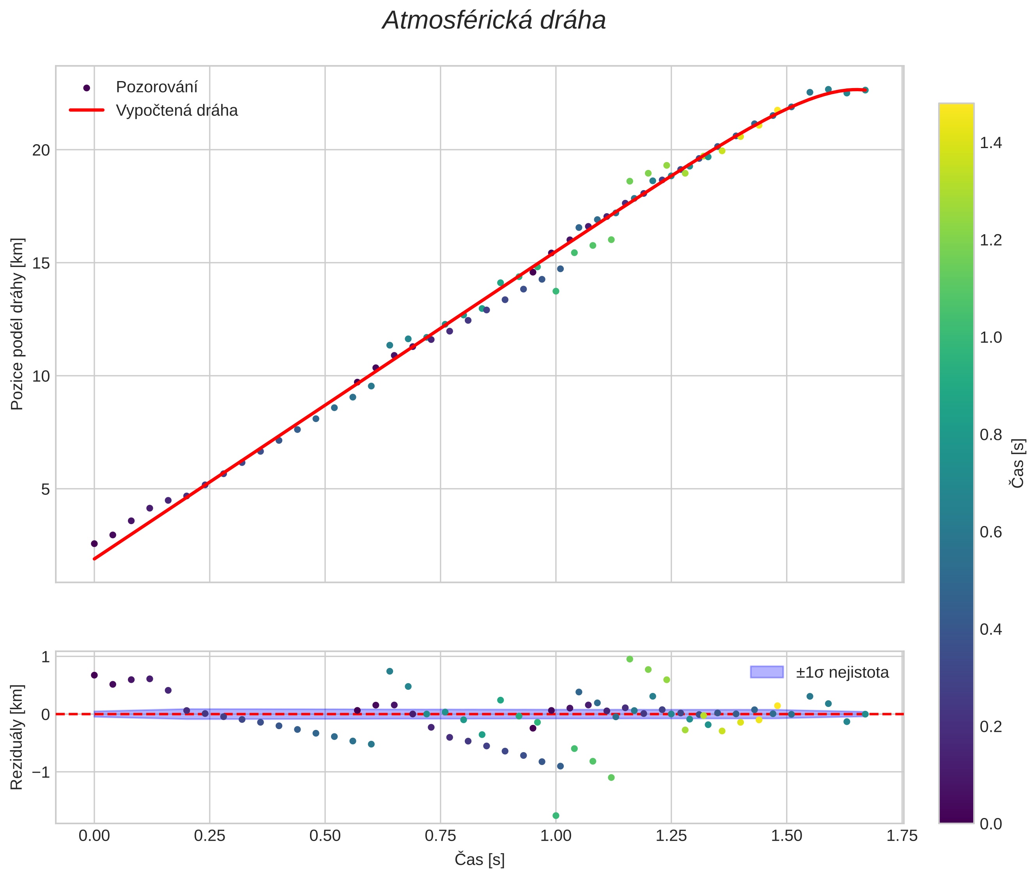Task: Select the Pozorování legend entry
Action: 156,87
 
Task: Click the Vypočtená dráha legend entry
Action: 177,111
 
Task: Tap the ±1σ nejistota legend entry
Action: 842,673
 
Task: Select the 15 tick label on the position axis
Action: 41,263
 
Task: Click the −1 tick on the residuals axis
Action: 41,772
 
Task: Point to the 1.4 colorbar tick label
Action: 991,143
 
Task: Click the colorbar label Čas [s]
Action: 1018,463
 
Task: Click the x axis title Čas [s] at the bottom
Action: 479,860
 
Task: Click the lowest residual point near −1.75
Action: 556,816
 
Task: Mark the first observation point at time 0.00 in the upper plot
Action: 94,544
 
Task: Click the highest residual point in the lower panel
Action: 630,659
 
